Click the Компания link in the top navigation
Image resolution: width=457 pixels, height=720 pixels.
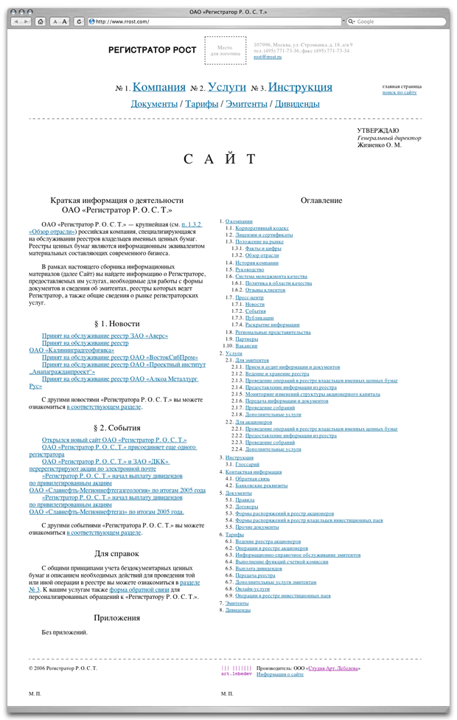point(158,87)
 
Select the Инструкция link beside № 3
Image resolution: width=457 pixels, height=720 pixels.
point(300,87)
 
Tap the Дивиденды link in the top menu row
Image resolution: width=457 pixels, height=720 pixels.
point(297,104)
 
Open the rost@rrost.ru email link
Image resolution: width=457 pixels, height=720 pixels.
point(268,57)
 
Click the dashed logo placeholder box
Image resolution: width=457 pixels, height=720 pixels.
point(225,50)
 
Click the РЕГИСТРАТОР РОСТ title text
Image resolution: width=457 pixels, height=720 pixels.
point(152,50)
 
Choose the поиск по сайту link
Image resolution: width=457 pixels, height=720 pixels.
point(400,93)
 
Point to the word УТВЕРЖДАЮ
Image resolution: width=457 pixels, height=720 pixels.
point(378,131)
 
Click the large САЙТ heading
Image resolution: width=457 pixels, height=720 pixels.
point(220,159)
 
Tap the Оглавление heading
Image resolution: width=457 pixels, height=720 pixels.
point(321,201)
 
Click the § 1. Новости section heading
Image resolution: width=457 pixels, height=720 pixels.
point(117,324)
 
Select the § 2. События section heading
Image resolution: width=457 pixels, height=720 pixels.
point(117,428)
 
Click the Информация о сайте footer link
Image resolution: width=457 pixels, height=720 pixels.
point(280,674)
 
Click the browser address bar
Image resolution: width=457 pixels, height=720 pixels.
point(214,21)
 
